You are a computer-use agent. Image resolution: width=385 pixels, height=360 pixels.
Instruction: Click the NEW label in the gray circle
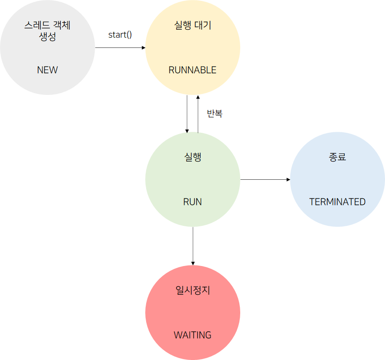pyautogui.click(x=47, y=70)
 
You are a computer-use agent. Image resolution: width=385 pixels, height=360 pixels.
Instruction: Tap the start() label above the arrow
pyautogui.click(x=120, y=35)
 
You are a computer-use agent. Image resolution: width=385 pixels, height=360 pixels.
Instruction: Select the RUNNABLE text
pyautogui.click(x=192, y=70)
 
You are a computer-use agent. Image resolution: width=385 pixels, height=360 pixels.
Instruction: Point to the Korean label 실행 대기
pyautogui.click(x=193, y=26)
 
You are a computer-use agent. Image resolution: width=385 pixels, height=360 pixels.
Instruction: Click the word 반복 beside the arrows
pyautogui.click(x=215, y=114)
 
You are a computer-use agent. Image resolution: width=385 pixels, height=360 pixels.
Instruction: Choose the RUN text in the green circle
pyautogui.click(x=192, y=202)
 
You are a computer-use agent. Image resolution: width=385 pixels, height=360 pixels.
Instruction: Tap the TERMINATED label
pyautogui.click(x=338, y=202)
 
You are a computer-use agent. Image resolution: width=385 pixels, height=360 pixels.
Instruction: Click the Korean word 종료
pyautogui.click(x=338, y=157)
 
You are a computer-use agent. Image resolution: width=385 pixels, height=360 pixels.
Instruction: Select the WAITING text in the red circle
pyautogui.click(x=192, y=335)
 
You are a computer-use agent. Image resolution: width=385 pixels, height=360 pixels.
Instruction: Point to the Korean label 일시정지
pyautogui.click(x=193, y=290)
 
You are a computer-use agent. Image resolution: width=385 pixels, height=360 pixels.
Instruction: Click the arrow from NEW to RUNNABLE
pyautogui.click(x=120, y=47)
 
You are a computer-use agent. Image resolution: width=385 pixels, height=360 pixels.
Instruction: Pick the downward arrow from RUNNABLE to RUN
pyautogui.click(x=187, y=114)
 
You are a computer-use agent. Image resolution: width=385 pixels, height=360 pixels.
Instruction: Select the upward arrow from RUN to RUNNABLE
pyautogui.click(x=198, y=114)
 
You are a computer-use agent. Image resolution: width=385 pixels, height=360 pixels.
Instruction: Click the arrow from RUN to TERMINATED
pyautogui.click(x=265, y=179)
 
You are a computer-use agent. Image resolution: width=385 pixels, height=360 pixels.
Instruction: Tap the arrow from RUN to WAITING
pyautogui.click(x=193, y=245)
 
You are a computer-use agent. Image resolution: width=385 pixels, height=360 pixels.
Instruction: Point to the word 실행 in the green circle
pyautogui.click(x=192, y=157)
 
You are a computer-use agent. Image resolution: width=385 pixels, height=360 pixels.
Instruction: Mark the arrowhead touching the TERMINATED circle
pyautogui.click(x=288, y=179)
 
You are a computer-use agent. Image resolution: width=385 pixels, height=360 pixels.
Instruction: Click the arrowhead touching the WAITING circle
pyautogui.click(x=193, y=263)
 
